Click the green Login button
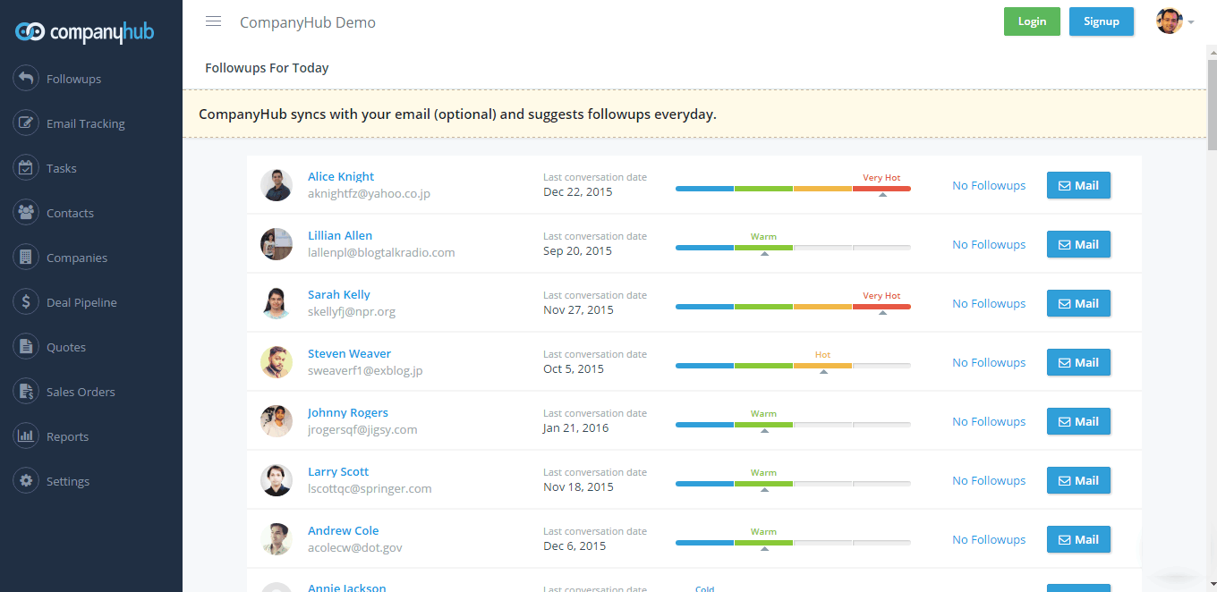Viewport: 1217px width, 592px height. [x=1032, y=21]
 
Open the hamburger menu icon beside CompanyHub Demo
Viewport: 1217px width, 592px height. [x=213, y=21]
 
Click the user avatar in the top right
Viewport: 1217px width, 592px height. [x=1169, y=21]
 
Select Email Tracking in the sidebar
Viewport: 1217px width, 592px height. [x=85, y=123]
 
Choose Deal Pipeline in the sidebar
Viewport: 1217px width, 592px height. [x=81, y=302]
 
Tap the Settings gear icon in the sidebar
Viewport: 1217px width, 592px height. [x=26, y=481]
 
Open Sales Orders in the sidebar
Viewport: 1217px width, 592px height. [x=81, y=392]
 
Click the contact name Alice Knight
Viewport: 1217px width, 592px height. [x=341, y=176]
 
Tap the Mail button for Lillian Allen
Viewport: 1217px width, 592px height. [x=1078, y=244]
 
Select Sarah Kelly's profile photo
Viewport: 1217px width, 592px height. [x=277, y=303]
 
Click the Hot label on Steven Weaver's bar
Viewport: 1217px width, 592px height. [x=822, y=355]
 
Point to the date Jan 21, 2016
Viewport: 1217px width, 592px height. [x=575, y=427]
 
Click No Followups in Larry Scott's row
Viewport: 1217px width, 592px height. [x=989, y=480]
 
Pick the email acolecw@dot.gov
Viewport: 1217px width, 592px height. [x=355, y=547]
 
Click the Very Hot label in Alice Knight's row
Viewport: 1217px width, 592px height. [x=881, y=178]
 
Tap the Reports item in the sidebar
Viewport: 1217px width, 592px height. [x=67, y=436]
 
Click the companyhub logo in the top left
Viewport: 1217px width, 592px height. [x=85, y=32]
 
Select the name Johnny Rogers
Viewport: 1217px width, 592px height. [x=348, y=412]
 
